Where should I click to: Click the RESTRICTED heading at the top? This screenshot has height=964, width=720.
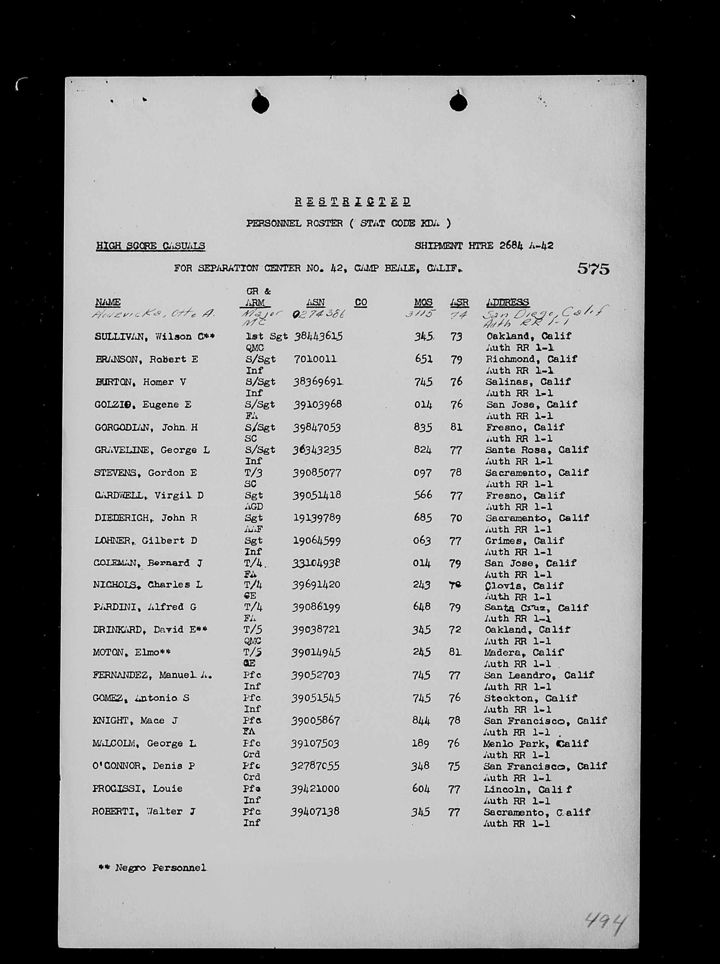(352, 201)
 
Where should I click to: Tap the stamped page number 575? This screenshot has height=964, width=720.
(593, 268)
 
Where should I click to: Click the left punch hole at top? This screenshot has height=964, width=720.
(260, 104)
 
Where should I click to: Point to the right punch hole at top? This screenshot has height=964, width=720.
(459, 103)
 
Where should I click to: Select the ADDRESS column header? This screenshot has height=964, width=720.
(507, 302)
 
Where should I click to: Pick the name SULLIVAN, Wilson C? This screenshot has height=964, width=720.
(154, 337)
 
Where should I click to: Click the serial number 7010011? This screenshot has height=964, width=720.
(315, 359)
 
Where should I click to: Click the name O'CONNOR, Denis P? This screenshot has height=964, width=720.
(144, 766)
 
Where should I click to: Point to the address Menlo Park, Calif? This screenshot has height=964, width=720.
(536, 744)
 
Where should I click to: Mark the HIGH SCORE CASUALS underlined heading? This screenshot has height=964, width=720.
(150, 246)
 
